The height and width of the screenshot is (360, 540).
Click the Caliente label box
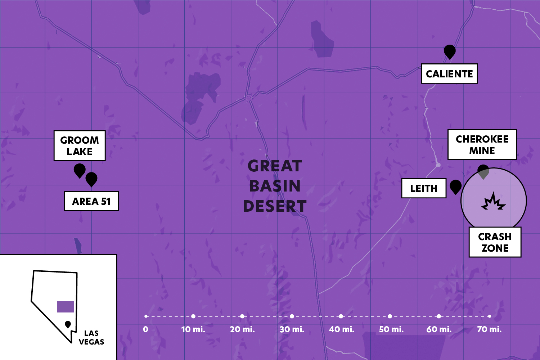click(x=449, y=74)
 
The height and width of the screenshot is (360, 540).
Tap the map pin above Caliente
click(x=450, y=51)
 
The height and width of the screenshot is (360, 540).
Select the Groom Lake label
click(x=80, y=146)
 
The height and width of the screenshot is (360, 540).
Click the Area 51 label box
click(x=91, y=201)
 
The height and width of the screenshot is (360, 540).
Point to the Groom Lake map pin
click(x=80, y=170)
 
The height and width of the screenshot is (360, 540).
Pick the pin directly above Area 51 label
click(x=91, y=179)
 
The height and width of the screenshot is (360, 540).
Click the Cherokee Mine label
click(x=482, y=145)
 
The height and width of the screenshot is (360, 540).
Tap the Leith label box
click(x=424, y=188)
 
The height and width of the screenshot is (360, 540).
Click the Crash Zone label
click(x=495, y=242)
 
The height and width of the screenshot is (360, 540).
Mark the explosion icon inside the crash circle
click(x=494, y=202)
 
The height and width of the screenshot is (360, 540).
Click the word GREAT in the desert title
click(x=275, y=166)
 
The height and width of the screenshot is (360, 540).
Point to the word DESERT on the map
click(x=275, y=206)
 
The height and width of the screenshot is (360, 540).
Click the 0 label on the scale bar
click(x=145, y=329)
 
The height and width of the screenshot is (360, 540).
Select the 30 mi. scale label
click(x=292, y=329)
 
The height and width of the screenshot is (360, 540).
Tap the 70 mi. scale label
click(x=489, y=329)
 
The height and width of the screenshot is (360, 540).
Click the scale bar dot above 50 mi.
click(x=390, y=316)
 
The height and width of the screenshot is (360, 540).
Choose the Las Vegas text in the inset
click(x=91, y=338)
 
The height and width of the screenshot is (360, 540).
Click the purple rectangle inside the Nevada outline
click(x=66, y=307)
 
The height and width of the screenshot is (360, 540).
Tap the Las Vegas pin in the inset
click(x=68, y=324)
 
